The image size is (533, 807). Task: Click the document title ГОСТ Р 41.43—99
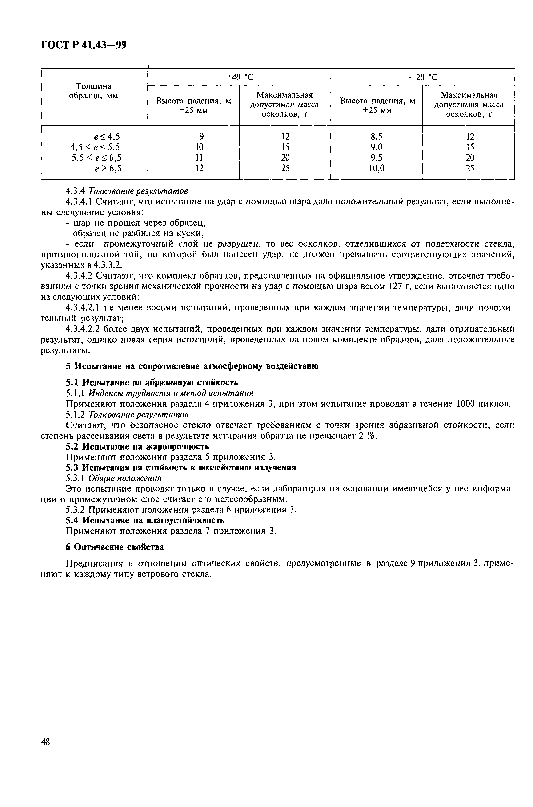coord(84,45)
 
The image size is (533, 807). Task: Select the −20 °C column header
coord(423,77)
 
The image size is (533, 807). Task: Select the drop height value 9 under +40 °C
coord(201,137)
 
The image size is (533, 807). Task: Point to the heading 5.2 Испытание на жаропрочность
coord(137,446)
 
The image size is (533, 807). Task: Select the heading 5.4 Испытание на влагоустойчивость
coord(145,520)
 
